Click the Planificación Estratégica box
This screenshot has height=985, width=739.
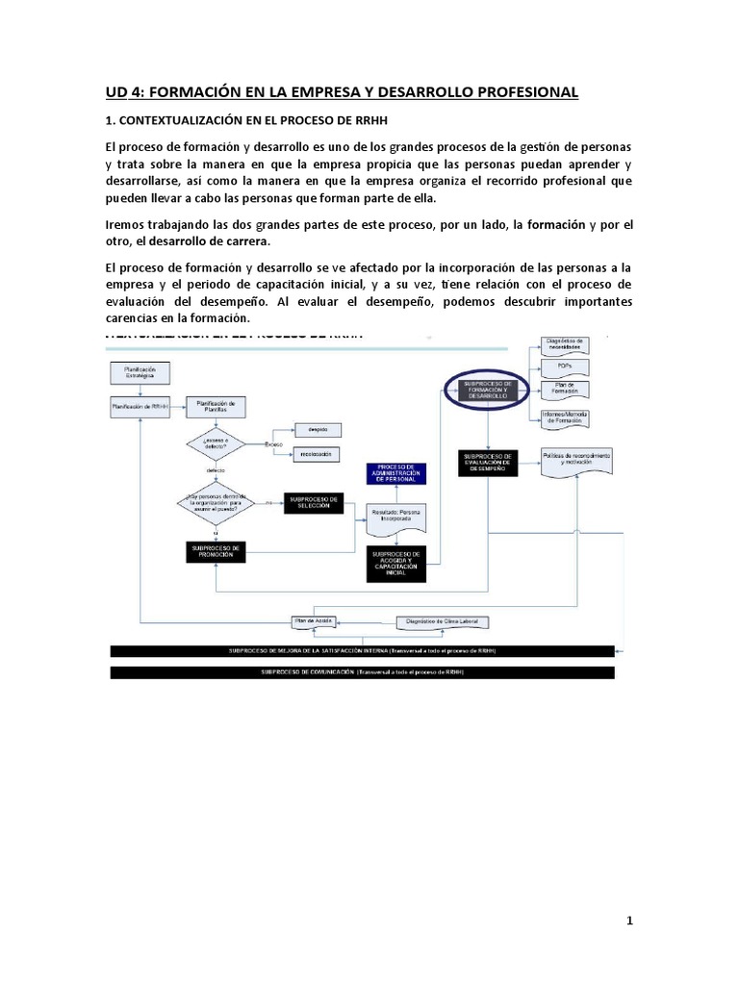point(140,373)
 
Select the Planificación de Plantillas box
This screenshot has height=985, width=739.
point(221,406)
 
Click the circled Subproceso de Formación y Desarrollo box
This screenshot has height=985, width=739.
point(490,391)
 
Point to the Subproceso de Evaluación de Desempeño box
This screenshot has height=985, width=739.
point(490,461)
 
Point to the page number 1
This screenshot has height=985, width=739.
point(629,921)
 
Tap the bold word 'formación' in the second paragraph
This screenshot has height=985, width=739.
point(549,224)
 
